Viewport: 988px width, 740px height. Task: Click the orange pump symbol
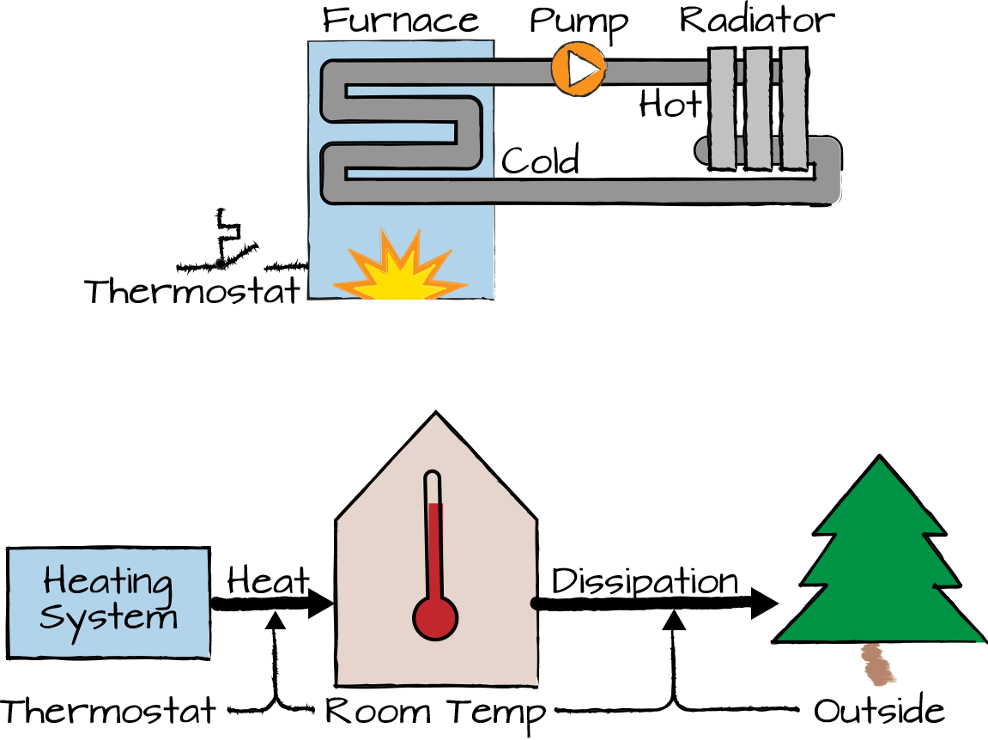579,69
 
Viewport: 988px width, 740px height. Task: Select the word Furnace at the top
400,20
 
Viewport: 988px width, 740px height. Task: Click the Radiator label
756,20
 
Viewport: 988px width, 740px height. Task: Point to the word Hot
670,105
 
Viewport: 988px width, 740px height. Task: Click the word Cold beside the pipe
540,161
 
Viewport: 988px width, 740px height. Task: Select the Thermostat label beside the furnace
194,292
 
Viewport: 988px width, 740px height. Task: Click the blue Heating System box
108,603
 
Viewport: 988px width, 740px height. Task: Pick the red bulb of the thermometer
435,617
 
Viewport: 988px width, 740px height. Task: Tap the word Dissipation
645,581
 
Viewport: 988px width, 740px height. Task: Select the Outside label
879,712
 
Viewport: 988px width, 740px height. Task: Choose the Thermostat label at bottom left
108,712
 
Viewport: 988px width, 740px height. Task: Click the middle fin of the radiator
758,108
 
